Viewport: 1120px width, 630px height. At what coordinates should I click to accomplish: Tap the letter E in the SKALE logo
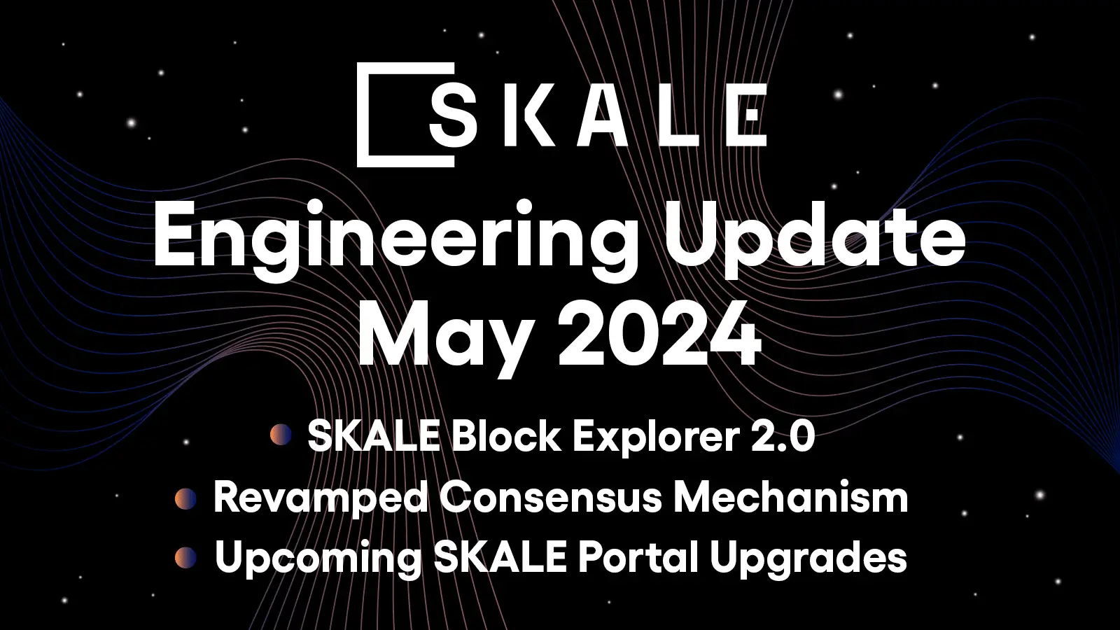coord(744,115)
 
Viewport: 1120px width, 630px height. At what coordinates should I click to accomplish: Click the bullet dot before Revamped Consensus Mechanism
coord(185,498)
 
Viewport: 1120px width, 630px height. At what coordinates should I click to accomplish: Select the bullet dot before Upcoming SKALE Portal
coord(185,558)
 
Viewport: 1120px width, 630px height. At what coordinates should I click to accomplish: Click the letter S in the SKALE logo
coord(451,115)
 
